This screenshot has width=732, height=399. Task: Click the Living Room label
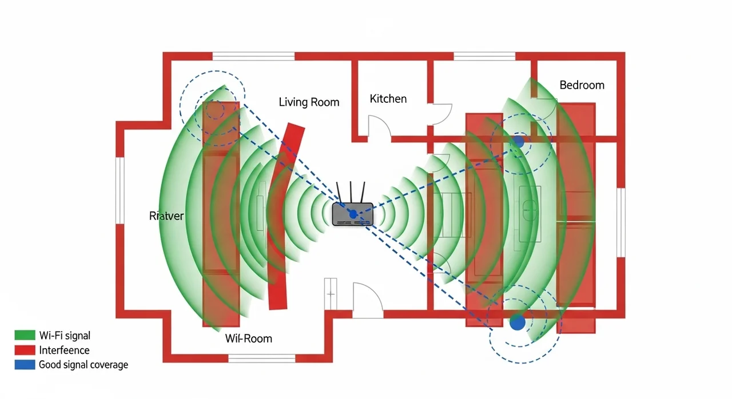coord(309,102)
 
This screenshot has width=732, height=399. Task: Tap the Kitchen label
coord(388,99)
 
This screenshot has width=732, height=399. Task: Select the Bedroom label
coord(582,85)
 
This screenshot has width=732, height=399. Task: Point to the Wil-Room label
coord(249,338)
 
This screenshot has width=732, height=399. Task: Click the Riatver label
coord(166,216)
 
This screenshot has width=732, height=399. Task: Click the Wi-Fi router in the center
coord(352,213)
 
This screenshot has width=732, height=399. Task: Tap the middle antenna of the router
coord(350,191)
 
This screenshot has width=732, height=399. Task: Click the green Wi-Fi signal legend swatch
coord(25,336)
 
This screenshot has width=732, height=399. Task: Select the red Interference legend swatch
coord(25,350)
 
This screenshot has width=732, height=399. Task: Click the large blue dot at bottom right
coord(517,322)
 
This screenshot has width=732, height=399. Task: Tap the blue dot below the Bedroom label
coord(518,140)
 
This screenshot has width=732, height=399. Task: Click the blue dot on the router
coord(353,214)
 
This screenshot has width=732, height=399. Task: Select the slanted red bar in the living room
coord(284,217)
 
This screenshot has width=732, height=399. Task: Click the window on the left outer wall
coord(120,190)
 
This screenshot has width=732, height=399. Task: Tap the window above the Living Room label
coord(253,56)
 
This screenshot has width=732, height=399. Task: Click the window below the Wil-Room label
coord(262,358)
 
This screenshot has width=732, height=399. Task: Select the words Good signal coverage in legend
coord(83,365)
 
